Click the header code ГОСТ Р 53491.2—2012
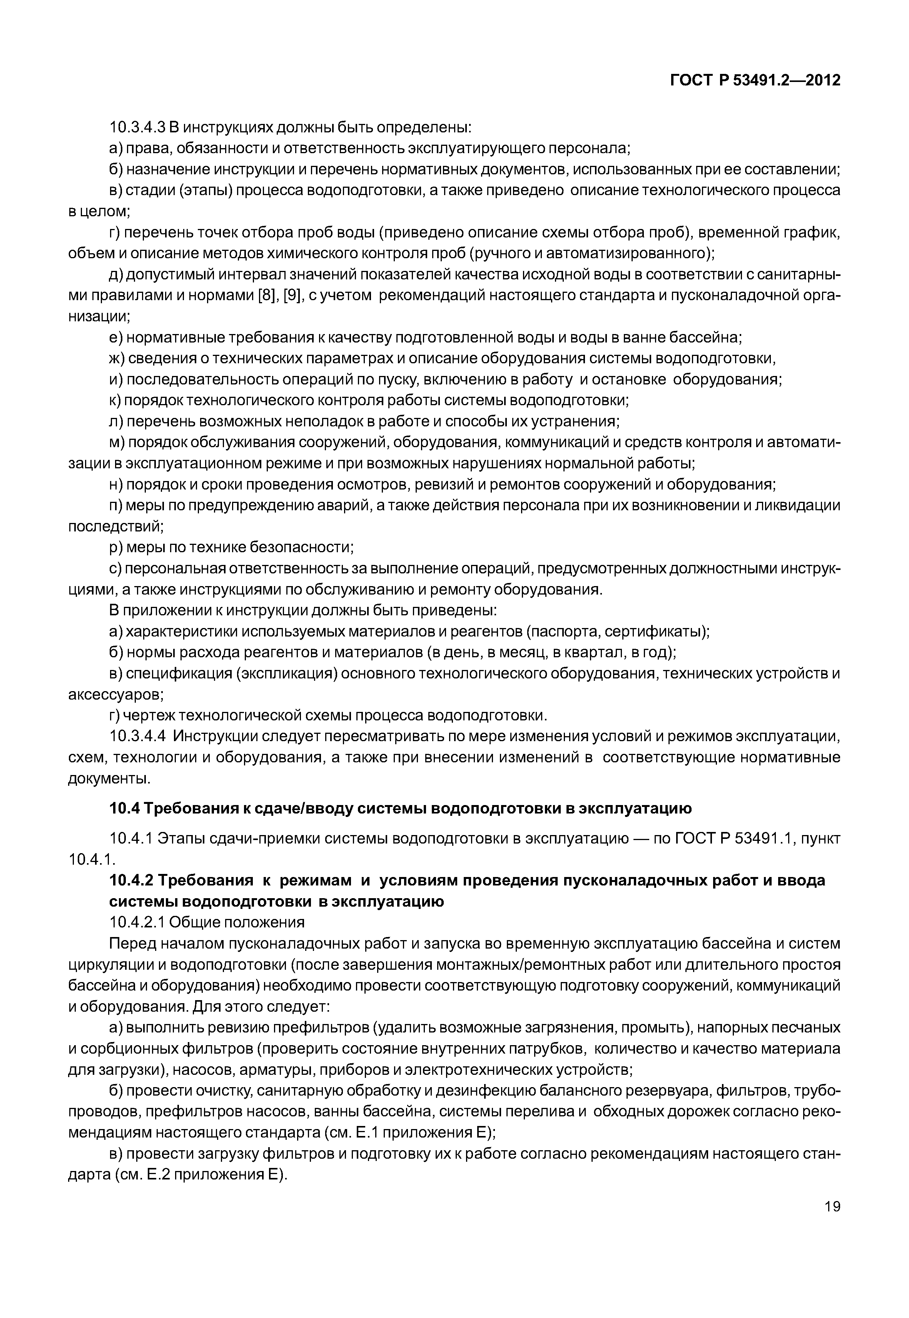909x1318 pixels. point(755,80)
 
